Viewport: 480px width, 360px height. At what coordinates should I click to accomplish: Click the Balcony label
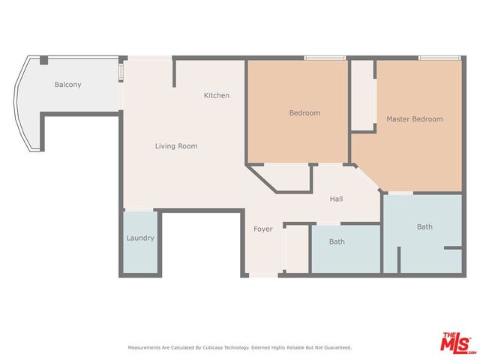pyautogui.click(x=68, y=85)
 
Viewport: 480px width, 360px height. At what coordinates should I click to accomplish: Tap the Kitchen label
pyautogui.click(x=217, y=95)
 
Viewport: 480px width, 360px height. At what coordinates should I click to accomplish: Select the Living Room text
pyautogui.click(x=176, y=146)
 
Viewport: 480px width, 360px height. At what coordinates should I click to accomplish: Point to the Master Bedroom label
pyautogui.click(x=415, y=119)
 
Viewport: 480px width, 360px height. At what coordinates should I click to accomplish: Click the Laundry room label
pyautogui.click(x=140, y=238)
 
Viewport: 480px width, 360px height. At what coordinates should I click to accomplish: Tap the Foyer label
pyautogui.click(x=263, y=229)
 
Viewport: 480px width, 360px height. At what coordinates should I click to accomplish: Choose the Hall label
pyautogui.click(x=336, y=199)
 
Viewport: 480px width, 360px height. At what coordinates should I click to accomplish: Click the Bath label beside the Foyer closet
pyautogui.click(x=337, y=241)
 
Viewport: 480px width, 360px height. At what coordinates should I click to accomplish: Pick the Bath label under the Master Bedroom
pyautogui.click(x=425, y=226)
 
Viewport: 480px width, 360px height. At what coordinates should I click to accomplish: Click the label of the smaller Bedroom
pyautogui.click(x=305, y=113)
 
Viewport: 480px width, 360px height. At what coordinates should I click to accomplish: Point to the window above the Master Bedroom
pyautogui.click(x=439, y=58)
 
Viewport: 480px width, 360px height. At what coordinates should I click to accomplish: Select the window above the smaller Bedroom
pyautogui.click(x=325, y=58)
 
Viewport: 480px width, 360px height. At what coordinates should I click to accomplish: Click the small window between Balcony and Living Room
pyautogui.click(x=121, y=71)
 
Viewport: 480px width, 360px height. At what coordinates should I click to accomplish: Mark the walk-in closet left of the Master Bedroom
pyautogui.click(x=363, y=95)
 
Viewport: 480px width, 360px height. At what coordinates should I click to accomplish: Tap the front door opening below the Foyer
pyautogui.click(x=263, y=275)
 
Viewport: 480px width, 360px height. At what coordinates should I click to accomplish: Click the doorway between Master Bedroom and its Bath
pyautogui.click(x=400, y=193)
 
